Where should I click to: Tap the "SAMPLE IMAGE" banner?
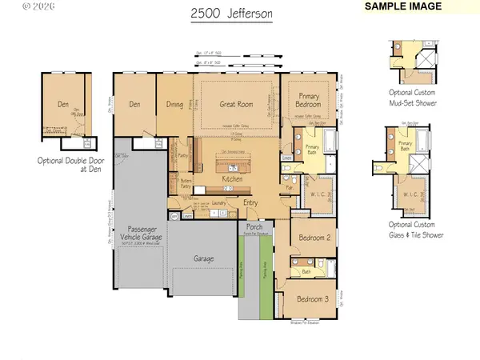[405, 6]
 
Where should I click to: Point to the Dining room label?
[174, 104]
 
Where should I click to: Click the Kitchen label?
[232, 180]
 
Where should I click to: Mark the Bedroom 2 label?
[314, 238]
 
